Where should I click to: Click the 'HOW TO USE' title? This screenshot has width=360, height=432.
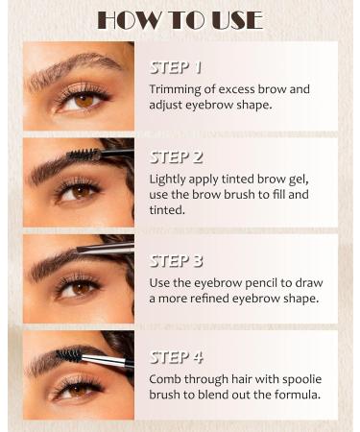tap(180, 19)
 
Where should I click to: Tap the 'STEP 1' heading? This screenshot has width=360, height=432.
tap(177, 68)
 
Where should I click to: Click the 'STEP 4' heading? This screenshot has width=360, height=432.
tap(177, 357)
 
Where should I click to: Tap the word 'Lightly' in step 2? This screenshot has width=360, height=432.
tap(169, 179)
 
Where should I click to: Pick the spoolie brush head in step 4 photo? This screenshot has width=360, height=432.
tap(72, 354)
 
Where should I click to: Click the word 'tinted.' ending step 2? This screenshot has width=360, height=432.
tap(169, 209)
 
